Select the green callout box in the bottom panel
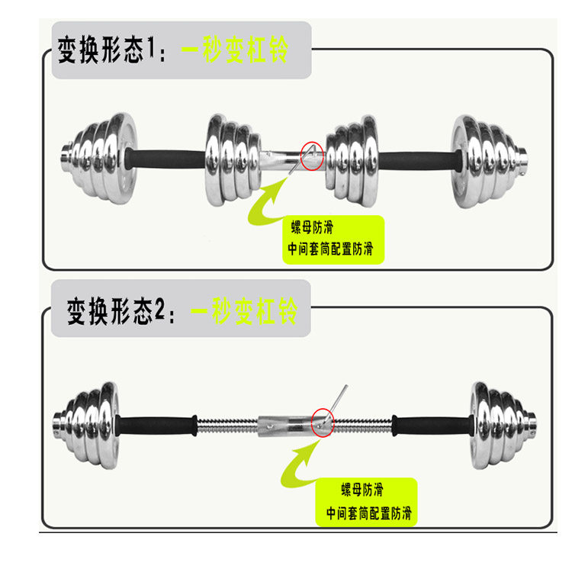367,502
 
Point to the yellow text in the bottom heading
244,310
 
